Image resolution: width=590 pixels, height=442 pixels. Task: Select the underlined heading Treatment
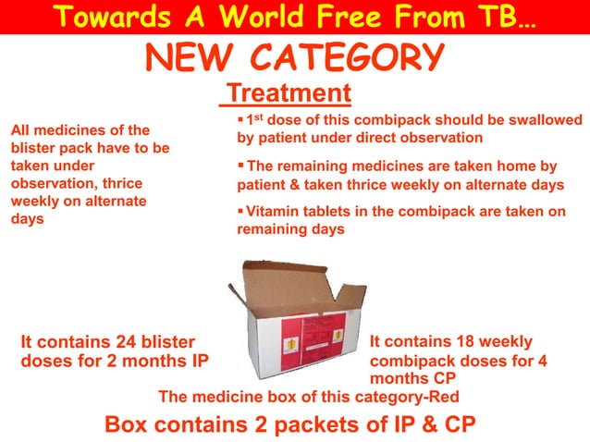[x=289, y=93]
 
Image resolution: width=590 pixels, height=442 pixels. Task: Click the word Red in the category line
[x=443, y=397]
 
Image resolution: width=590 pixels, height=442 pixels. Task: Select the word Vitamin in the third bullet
[x=271, y=211]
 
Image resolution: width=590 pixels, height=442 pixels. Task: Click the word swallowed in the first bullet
[x=547, y=120]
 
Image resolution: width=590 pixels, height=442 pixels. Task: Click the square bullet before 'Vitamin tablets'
[x=241, y=210]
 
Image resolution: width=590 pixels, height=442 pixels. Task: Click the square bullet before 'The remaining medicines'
[x=241, y=166]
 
